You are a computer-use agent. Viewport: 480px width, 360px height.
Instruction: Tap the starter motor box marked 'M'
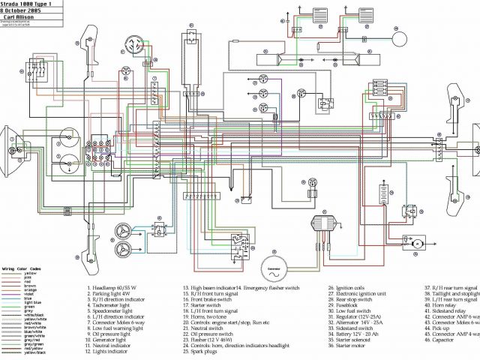pos(415,243)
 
